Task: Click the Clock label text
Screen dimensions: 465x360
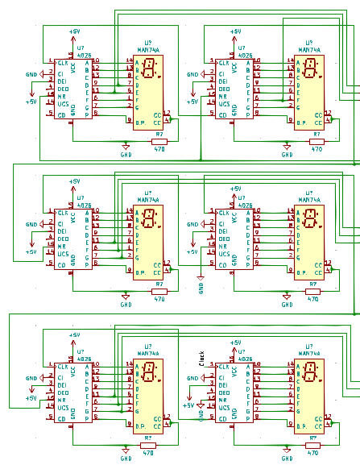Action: (x=201, y=356)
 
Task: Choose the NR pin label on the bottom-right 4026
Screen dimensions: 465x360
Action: (x=221, y=400)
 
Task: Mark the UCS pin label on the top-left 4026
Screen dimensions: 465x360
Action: (x=63, y=106)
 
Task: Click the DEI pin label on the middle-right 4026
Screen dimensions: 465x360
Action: (x=222, y=230)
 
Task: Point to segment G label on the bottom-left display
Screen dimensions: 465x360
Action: (x=137, y=409)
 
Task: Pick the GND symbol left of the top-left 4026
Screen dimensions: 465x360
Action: (x=31, y=74)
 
